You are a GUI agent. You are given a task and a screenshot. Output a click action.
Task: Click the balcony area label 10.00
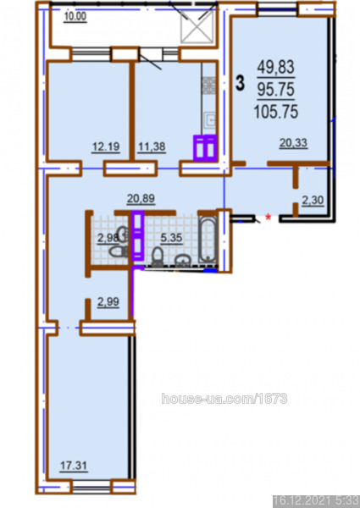(75, 17)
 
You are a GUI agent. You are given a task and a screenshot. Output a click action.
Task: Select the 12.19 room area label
(106, 147)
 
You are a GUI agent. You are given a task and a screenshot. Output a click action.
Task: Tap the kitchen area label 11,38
(152, 147)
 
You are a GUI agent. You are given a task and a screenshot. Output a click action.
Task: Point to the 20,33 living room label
(293, 143)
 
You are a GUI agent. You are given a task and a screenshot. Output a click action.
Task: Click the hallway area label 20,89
(141, 198)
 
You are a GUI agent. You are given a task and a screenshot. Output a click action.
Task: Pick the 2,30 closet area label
(313, 201)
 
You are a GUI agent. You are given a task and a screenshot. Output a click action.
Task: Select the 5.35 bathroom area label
(171, 238)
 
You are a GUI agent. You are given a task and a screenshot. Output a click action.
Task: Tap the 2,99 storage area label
(108, 302)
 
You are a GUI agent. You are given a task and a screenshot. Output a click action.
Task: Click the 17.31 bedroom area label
(74, 466)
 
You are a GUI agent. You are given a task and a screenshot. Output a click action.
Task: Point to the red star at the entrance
(268, 217)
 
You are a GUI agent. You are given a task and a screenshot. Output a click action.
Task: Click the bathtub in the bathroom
(207, 239)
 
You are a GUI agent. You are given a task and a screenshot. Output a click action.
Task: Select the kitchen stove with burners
(209, 86)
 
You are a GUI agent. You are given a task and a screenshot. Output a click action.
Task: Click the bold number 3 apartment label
(240, 83)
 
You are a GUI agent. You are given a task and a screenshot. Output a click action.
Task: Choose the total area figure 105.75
(276, 112)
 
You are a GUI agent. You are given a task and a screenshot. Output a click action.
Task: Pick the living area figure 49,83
(276, 67)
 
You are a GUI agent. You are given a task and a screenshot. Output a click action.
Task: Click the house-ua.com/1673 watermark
(224, 398)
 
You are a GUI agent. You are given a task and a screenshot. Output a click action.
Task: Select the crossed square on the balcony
(197, 27)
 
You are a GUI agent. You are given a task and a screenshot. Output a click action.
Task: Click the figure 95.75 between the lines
(276, 89)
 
